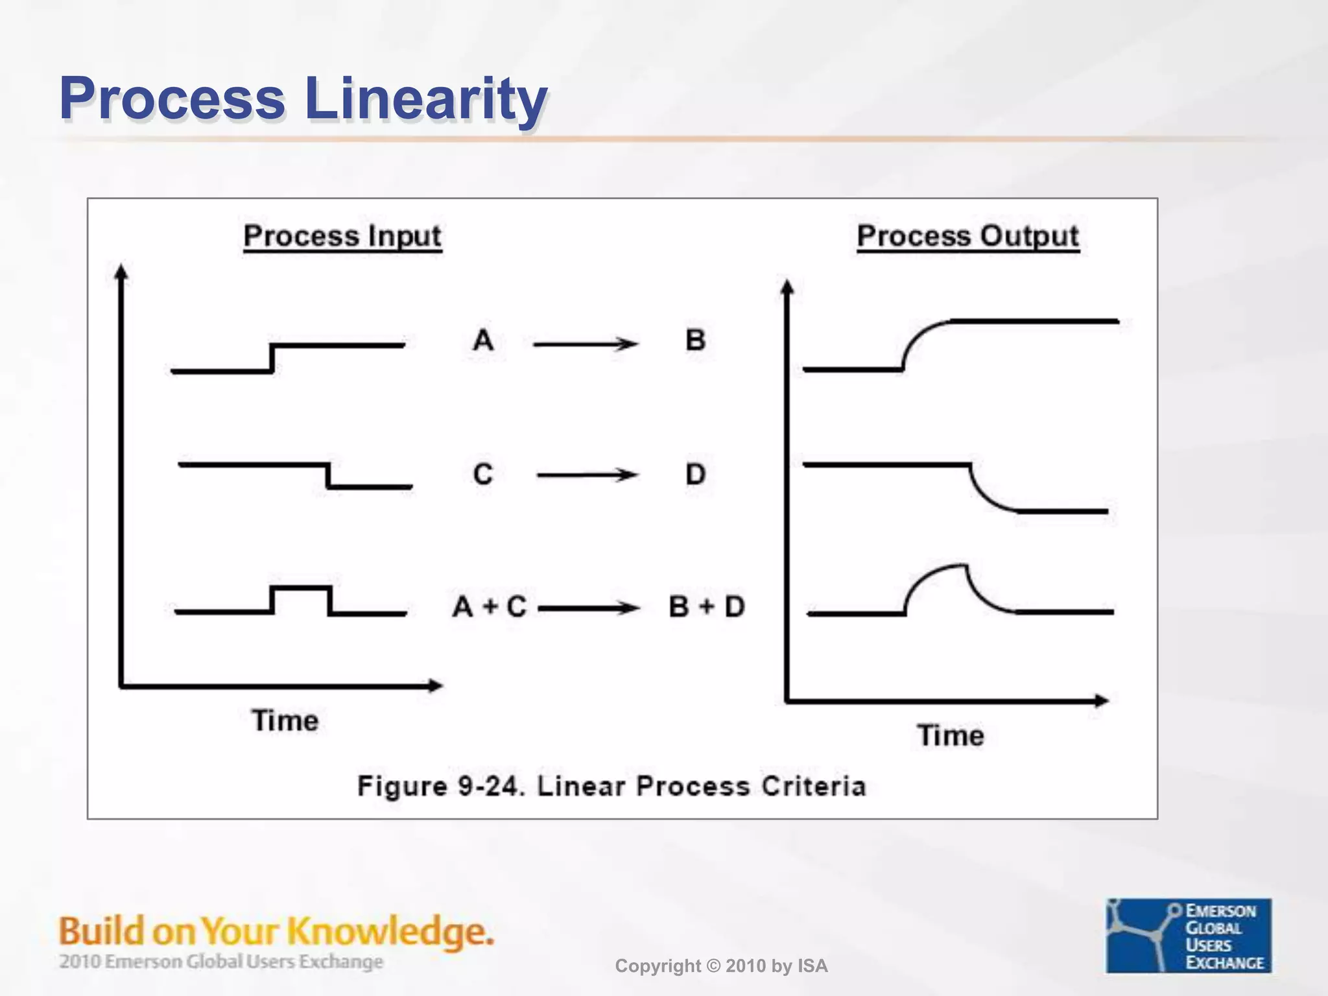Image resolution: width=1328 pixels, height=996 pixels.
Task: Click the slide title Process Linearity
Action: (x=303, y=99)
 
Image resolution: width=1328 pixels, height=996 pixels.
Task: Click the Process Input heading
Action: (x=342, y=236)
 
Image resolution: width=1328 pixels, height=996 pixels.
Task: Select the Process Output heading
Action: (x=967, y=236)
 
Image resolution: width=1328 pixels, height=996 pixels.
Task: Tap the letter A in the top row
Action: (x=483, y=340)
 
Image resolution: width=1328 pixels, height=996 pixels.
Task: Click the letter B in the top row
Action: (x=695, y=340)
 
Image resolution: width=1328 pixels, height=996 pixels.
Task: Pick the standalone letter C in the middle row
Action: (x=483, y=474)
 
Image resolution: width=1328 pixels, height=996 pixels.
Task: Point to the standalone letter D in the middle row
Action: (x=695, y=474)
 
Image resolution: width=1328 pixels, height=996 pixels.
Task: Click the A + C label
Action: (x=490, y=607)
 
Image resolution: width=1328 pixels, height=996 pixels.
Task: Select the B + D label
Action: (x=707, y=607)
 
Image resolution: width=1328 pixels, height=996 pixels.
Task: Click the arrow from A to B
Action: (x=586, y=344)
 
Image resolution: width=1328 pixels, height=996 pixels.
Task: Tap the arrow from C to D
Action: (x=587, y=475)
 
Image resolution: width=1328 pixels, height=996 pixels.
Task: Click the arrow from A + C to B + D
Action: (x=589, y=608)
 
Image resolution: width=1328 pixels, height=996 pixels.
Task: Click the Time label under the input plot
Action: (x=285, y=720)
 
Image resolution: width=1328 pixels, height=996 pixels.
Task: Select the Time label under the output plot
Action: (x=951, y=735)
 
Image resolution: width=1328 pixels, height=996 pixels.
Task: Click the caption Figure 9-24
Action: (x=611, y=786)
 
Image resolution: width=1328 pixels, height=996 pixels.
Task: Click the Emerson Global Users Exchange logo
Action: (x=1188, y=935)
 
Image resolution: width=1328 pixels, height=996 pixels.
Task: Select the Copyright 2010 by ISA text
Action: (x=721, y=966)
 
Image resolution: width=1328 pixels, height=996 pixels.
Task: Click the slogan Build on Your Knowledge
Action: (x=276, y=931)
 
